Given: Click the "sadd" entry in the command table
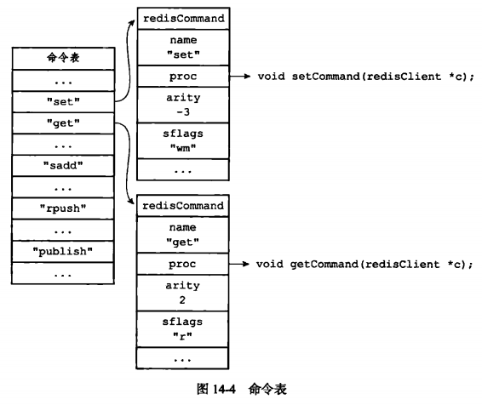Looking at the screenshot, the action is point(63,166).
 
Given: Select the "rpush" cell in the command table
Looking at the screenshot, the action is point(63,208).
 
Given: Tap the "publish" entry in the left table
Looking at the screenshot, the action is point(63,252).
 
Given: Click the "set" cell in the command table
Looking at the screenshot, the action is point(63,101).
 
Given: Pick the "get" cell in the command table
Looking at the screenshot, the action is point(63,123).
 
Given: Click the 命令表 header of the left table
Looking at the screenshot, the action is point(63,58).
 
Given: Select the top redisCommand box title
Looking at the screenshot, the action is point(183,19).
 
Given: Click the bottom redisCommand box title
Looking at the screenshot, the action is point(183,206).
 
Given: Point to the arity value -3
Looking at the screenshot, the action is point(183,112).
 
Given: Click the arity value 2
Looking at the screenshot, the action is point(182,299).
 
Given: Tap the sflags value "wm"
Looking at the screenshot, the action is point(183,148).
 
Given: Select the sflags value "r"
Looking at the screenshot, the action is point(182,336).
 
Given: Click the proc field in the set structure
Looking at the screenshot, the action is point(183,76).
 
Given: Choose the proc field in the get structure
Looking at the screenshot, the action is point(182,264).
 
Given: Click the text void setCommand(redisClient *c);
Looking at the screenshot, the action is point(366,76).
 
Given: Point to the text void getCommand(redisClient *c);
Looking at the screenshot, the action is point(364,264).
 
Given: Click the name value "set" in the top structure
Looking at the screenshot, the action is point(183,54).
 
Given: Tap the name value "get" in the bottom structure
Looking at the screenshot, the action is point(182,242).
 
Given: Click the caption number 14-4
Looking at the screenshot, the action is point(224,389).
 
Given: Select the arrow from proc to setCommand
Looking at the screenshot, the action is point(240,76).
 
